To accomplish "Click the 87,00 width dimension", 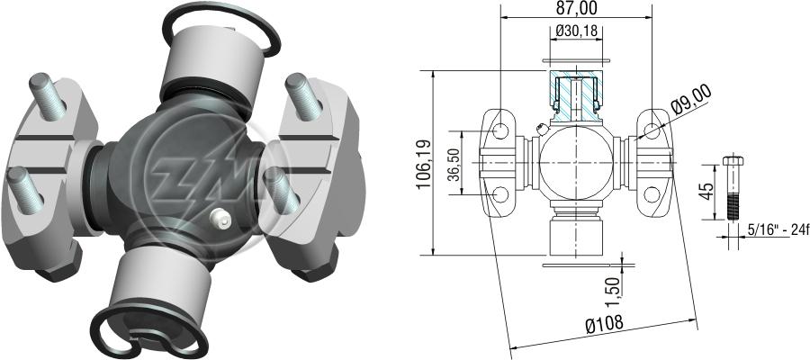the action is [x=577, y=8].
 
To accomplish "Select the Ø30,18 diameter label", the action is [x=577, y=31].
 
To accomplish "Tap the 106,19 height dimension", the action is [x=425, y=162].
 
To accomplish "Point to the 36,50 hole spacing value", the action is [x=454, y=163].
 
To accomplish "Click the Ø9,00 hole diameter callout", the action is [x=692, y=100].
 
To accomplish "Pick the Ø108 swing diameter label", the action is [x=605, y=324].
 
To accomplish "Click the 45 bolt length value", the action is [x=708, y=191].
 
